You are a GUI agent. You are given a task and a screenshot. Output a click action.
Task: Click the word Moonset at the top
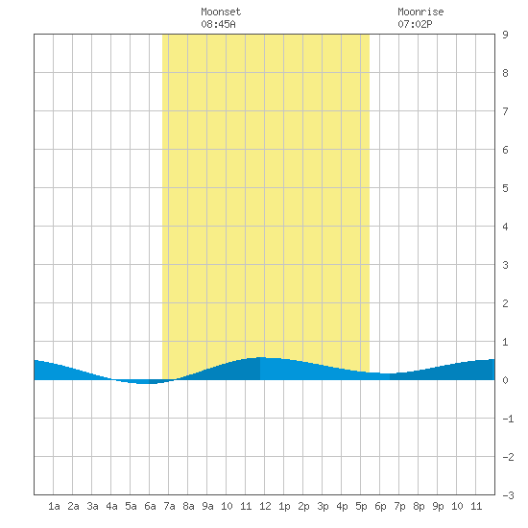(x=221, y=12)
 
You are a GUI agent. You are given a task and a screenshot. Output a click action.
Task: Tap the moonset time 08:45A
(x=218, y=24)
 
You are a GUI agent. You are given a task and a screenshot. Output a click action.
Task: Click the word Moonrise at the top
(x=420, y=12)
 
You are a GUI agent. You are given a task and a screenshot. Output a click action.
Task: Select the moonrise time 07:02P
(x=415, y=24)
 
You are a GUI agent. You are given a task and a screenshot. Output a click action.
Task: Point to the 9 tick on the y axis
(x=505, y=35)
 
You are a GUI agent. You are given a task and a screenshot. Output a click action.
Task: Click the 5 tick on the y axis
(x=505, y=188)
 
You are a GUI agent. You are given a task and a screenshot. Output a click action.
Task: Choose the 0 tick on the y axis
(x=505, y=380)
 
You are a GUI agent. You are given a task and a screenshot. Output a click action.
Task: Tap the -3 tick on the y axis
(x=508, y=495)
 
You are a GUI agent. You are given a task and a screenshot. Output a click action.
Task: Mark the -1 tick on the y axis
(x=508, y=419)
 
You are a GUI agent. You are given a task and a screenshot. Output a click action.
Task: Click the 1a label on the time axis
(x=54, y=506)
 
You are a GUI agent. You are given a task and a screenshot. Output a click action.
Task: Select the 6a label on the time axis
(x=150, y=506)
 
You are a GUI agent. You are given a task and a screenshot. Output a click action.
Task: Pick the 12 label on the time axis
(x=265, y=506)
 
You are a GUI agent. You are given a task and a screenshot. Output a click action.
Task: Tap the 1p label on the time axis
(x=284, y=506)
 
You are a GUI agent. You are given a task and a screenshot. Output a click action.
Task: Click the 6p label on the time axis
(x=380, y=506)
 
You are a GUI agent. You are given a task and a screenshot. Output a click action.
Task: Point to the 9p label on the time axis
(x=438, y=506)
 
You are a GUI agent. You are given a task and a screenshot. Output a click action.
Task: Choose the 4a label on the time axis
(x=111, y=506)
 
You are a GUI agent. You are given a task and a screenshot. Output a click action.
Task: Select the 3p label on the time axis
(x=323, y=506)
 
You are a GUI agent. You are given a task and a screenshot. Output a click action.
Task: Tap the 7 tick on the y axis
(x=505, y=111)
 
